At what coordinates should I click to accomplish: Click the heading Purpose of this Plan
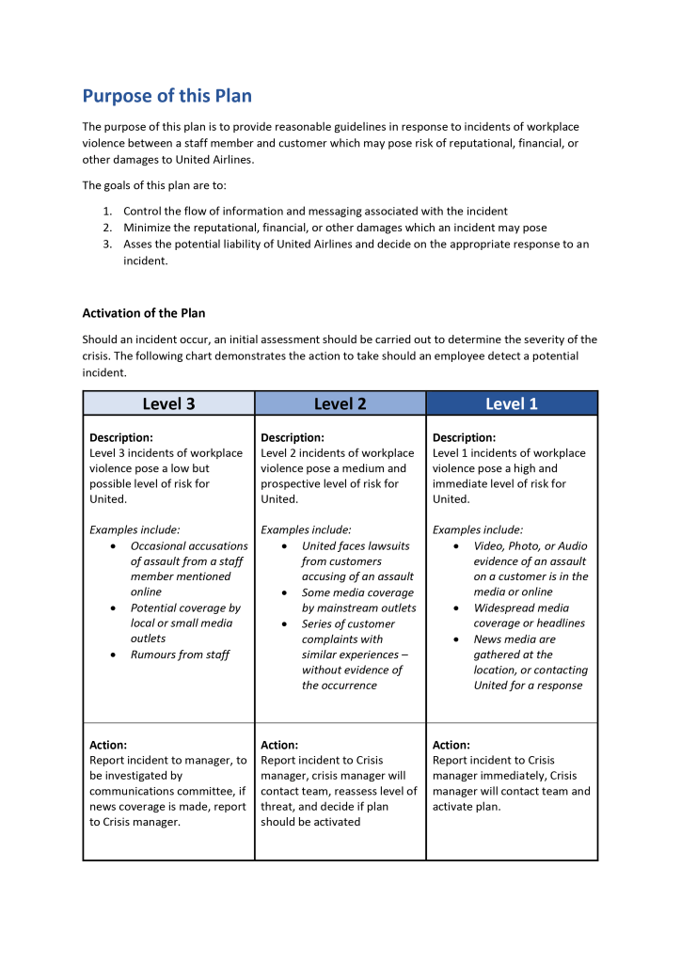(x=166, y=96)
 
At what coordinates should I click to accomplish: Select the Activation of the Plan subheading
(x=143, y=313)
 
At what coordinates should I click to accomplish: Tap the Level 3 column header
(x=168, y=403)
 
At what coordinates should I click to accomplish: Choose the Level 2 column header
(x=340, y=403)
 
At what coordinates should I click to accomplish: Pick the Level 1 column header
(x=512, y=403)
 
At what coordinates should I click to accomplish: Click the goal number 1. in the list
(x=108, y=212)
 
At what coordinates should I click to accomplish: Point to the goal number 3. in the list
(x=108, y=244)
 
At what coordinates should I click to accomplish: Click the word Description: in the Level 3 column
(x=121, y=437)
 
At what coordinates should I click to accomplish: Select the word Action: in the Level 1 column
(x=451, y=745)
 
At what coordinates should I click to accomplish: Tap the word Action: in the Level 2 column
(x=279, y=745)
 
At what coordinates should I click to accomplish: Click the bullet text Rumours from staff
(x=180, y=654)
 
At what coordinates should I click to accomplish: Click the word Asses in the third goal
(x=139, y=244)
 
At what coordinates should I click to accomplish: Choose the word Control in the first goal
(x=143, y=212)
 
